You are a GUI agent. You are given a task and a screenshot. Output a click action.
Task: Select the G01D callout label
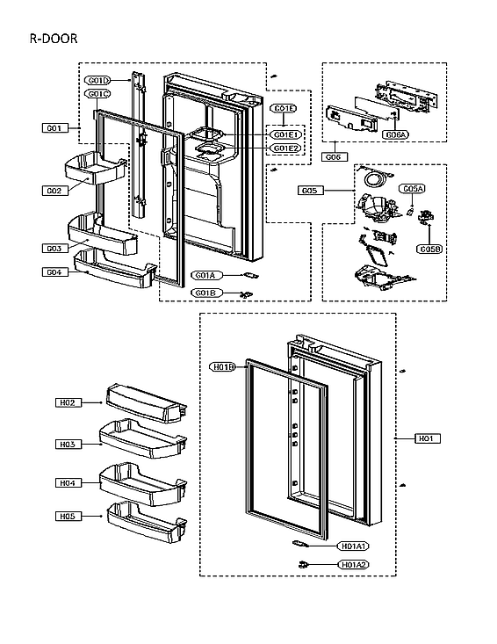[97, 82]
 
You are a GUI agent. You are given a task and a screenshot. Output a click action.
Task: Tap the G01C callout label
[97, 94]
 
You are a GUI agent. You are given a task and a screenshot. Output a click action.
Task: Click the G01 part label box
[54, 128]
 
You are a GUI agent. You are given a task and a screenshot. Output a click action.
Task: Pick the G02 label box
[54, 190]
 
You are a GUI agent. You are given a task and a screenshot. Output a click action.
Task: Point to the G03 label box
[54, 249]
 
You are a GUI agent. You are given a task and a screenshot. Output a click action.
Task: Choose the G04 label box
[54, 271]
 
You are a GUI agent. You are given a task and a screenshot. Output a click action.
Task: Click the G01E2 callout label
[286, 148]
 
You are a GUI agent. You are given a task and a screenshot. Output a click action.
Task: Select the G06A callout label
[395, 134]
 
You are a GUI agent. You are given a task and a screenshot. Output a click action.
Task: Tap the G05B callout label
[429, 250]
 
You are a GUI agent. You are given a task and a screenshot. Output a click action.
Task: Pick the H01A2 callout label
[353, 564]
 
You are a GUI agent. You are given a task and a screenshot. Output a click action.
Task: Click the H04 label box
[68, 483]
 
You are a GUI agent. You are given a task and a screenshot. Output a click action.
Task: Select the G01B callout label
[205, 293]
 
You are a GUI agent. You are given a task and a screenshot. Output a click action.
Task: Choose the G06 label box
[333, 156]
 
